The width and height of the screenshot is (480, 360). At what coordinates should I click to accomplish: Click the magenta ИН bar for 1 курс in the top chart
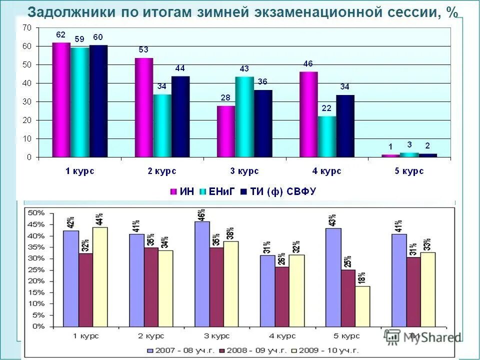click(x=61, y=100)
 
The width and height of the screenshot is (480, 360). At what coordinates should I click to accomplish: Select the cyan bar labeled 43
click(x=244, y=117)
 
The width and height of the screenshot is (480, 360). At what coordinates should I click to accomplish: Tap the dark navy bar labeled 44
click(x=180, y=117)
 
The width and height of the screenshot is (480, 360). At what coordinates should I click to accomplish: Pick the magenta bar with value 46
click(x=308, y=114)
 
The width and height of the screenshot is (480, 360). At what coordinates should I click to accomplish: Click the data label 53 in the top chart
click(x=143, y=49)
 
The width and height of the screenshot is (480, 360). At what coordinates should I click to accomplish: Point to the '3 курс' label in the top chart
click(x=244, y=171)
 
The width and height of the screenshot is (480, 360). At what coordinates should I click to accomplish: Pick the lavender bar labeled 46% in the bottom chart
click(x=202, y=274)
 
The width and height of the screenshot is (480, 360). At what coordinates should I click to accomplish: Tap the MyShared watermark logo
click(x=423, y=337)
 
